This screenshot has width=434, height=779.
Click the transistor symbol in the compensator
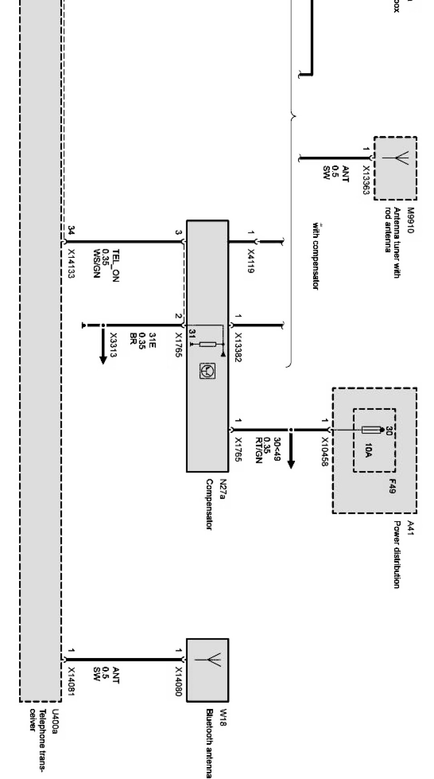pyautogui.click(x=207, y=371)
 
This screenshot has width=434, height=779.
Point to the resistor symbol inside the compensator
pyautogui.click(x=207, y=344)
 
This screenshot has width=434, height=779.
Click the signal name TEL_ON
pyautogui.click(x=115, y=266)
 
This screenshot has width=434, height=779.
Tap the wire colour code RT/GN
pyautogui.click(x=259, y=450)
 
